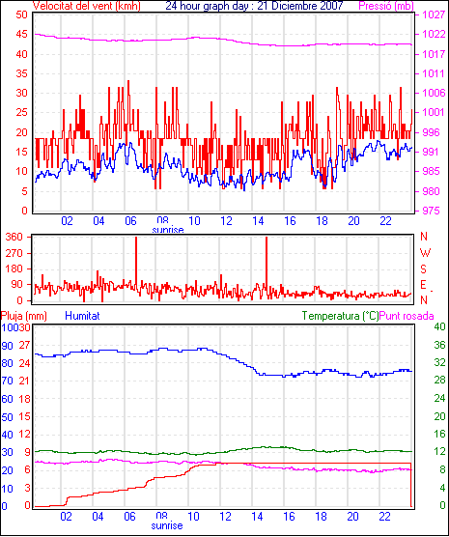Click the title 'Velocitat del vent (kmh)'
(87, 6)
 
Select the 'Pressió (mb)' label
(386, 6)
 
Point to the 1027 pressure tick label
(433, 14)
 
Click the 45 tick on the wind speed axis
(21, 35)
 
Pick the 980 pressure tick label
(433, 191)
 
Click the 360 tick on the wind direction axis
(14, 237)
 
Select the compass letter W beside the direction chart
(425, 253)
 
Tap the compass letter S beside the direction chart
(424, 269)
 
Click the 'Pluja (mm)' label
(23, 316)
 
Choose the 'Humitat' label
(82, 316)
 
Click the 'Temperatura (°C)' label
(340, 316)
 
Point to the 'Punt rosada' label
(407, 316)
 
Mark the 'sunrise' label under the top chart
(168, 230)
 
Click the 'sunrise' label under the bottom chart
(167, 525)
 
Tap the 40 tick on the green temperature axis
(439, 326)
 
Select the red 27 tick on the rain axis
(24, 345)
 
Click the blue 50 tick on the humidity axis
(7, 417)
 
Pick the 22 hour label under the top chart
(385, 221)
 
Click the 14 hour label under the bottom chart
(257, 516)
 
